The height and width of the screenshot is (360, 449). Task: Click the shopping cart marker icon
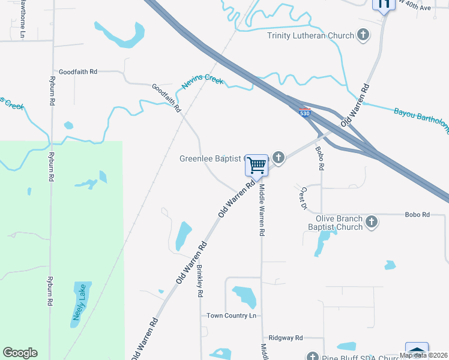[x=257, y=164]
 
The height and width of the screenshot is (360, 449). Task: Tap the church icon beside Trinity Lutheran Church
[x=363, y=35]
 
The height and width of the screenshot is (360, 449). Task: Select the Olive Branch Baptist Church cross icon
[x=372, y=222]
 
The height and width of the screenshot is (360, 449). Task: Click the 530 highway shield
[x=305, y=112]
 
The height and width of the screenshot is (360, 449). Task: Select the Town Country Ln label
[x=231, y=316]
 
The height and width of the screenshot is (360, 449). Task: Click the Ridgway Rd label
[x=286, y=338]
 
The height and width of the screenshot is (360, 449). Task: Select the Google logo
[x=20, y=353]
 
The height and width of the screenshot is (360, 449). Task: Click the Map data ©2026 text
[x=423, y=355]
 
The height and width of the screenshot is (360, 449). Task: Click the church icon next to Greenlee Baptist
[x=278, y=158]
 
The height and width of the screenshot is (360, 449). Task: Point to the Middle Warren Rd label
[x=262, y=210]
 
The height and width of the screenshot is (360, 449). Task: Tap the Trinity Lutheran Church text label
[x=310, y=35]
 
